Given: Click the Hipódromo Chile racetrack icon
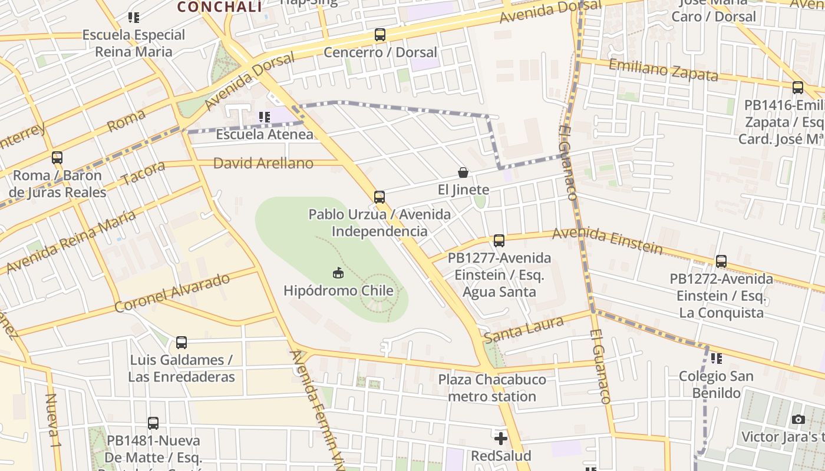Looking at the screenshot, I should [338, 273].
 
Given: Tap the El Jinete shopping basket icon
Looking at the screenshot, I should [463, 173].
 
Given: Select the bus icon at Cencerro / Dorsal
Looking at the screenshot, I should [380, 35].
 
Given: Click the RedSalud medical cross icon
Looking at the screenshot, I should [501, 439].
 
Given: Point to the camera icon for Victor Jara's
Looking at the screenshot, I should [798, 419].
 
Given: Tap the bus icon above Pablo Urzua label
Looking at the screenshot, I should [379, 197].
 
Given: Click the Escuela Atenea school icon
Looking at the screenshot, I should [265, 117].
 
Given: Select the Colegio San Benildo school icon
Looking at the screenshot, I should [716, 358].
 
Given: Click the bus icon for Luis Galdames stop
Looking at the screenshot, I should [181, 342].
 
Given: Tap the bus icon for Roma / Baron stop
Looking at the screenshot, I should [57, 158].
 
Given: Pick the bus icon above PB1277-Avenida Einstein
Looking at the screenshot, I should [499, 240].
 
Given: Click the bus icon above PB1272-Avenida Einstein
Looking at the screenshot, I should [721, 261].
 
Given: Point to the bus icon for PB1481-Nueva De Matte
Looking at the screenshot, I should [153, 423].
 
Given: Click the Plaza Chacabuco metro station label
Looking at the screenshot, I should [492, 388].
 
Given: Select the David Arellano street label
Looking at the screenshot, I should [263, 163].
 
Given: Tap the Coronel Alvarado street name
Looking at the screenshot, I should [172, 293].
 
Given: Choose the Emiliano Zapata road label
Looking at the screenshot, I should [663, 70].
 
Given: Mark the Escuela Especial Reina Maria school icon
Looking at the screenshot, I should [134, 18].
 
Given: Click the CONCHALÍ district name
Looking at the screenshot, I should [219, 7].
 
